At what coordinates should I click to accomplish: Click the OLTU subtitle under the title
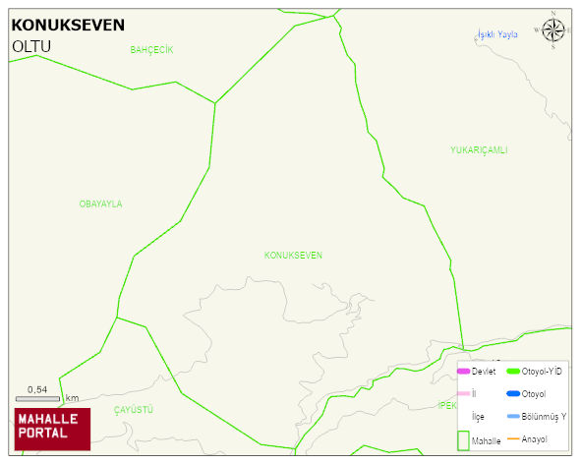[x=31, y=46]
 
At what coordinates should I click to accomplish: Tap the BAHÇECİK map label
[x=151, y=49]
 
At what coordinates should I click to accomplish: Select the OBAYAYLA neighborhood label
[x=100, y=203]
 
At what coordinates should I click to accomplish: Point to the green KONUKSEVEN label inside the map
[x=293, y=255]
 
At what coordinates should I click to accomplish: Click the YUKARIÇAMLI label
[x=479, y=149]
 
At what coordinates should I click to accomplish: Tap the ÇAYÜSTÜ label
[x=134, y=408]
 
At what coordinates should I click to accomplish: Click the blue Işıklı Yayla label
[x=496, y=34]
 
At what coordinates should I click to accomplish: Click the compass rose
[x=553, y=31]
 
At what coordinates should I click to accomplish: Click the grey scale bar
[x=38, y=398]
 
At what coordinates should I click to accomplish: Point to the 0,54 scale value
[x=37, y=389]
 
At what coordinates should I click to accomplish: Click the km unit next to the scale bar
[x=72, y=398]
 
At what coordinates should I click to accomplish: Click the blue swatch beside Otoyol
[x=512, y=393]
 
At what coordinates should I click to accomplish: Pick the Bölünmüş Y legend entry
[x=544, y=416]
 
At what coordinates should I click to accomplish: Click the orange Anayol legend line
[x=512, y=438]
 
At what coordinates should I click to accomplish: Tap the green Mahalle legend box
[x=463, y=440]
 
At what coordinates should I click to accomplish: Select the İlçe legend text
[x=478, y=416]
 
